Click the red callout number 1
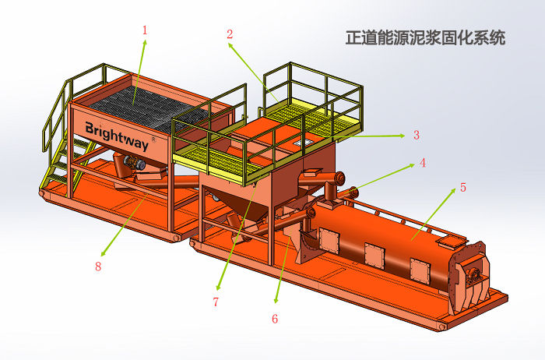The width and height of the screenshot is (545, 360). point(145,30)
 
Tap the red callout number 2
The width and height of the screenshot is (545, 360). point(230,34)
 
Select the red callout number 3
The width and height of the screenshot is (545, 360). point(417,135)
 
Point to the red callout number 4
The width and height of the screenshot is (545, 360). point(422,163)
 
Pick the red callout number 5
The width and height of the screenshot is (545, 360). point(463,188)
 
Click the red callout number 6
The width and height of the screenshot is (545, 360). point(275,319)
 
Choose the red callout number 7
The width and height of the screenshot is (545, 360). point(216,302)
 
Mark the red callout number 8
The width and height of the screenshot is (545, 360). point(98,266)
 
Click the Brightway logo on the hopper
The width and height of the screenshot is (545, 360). point(117,136)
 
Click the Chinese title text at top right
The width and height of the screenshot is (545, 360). point(425,37)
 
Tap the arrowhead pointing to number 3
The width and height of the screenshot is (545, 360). point(403,136)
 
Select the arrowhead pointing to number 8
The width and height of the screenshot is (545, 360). point(103,253)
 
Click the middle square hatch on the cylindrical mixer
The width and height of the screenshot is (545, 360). point(374,256)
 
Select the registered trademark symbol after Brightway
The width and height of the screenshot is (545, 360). point(153,139)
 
